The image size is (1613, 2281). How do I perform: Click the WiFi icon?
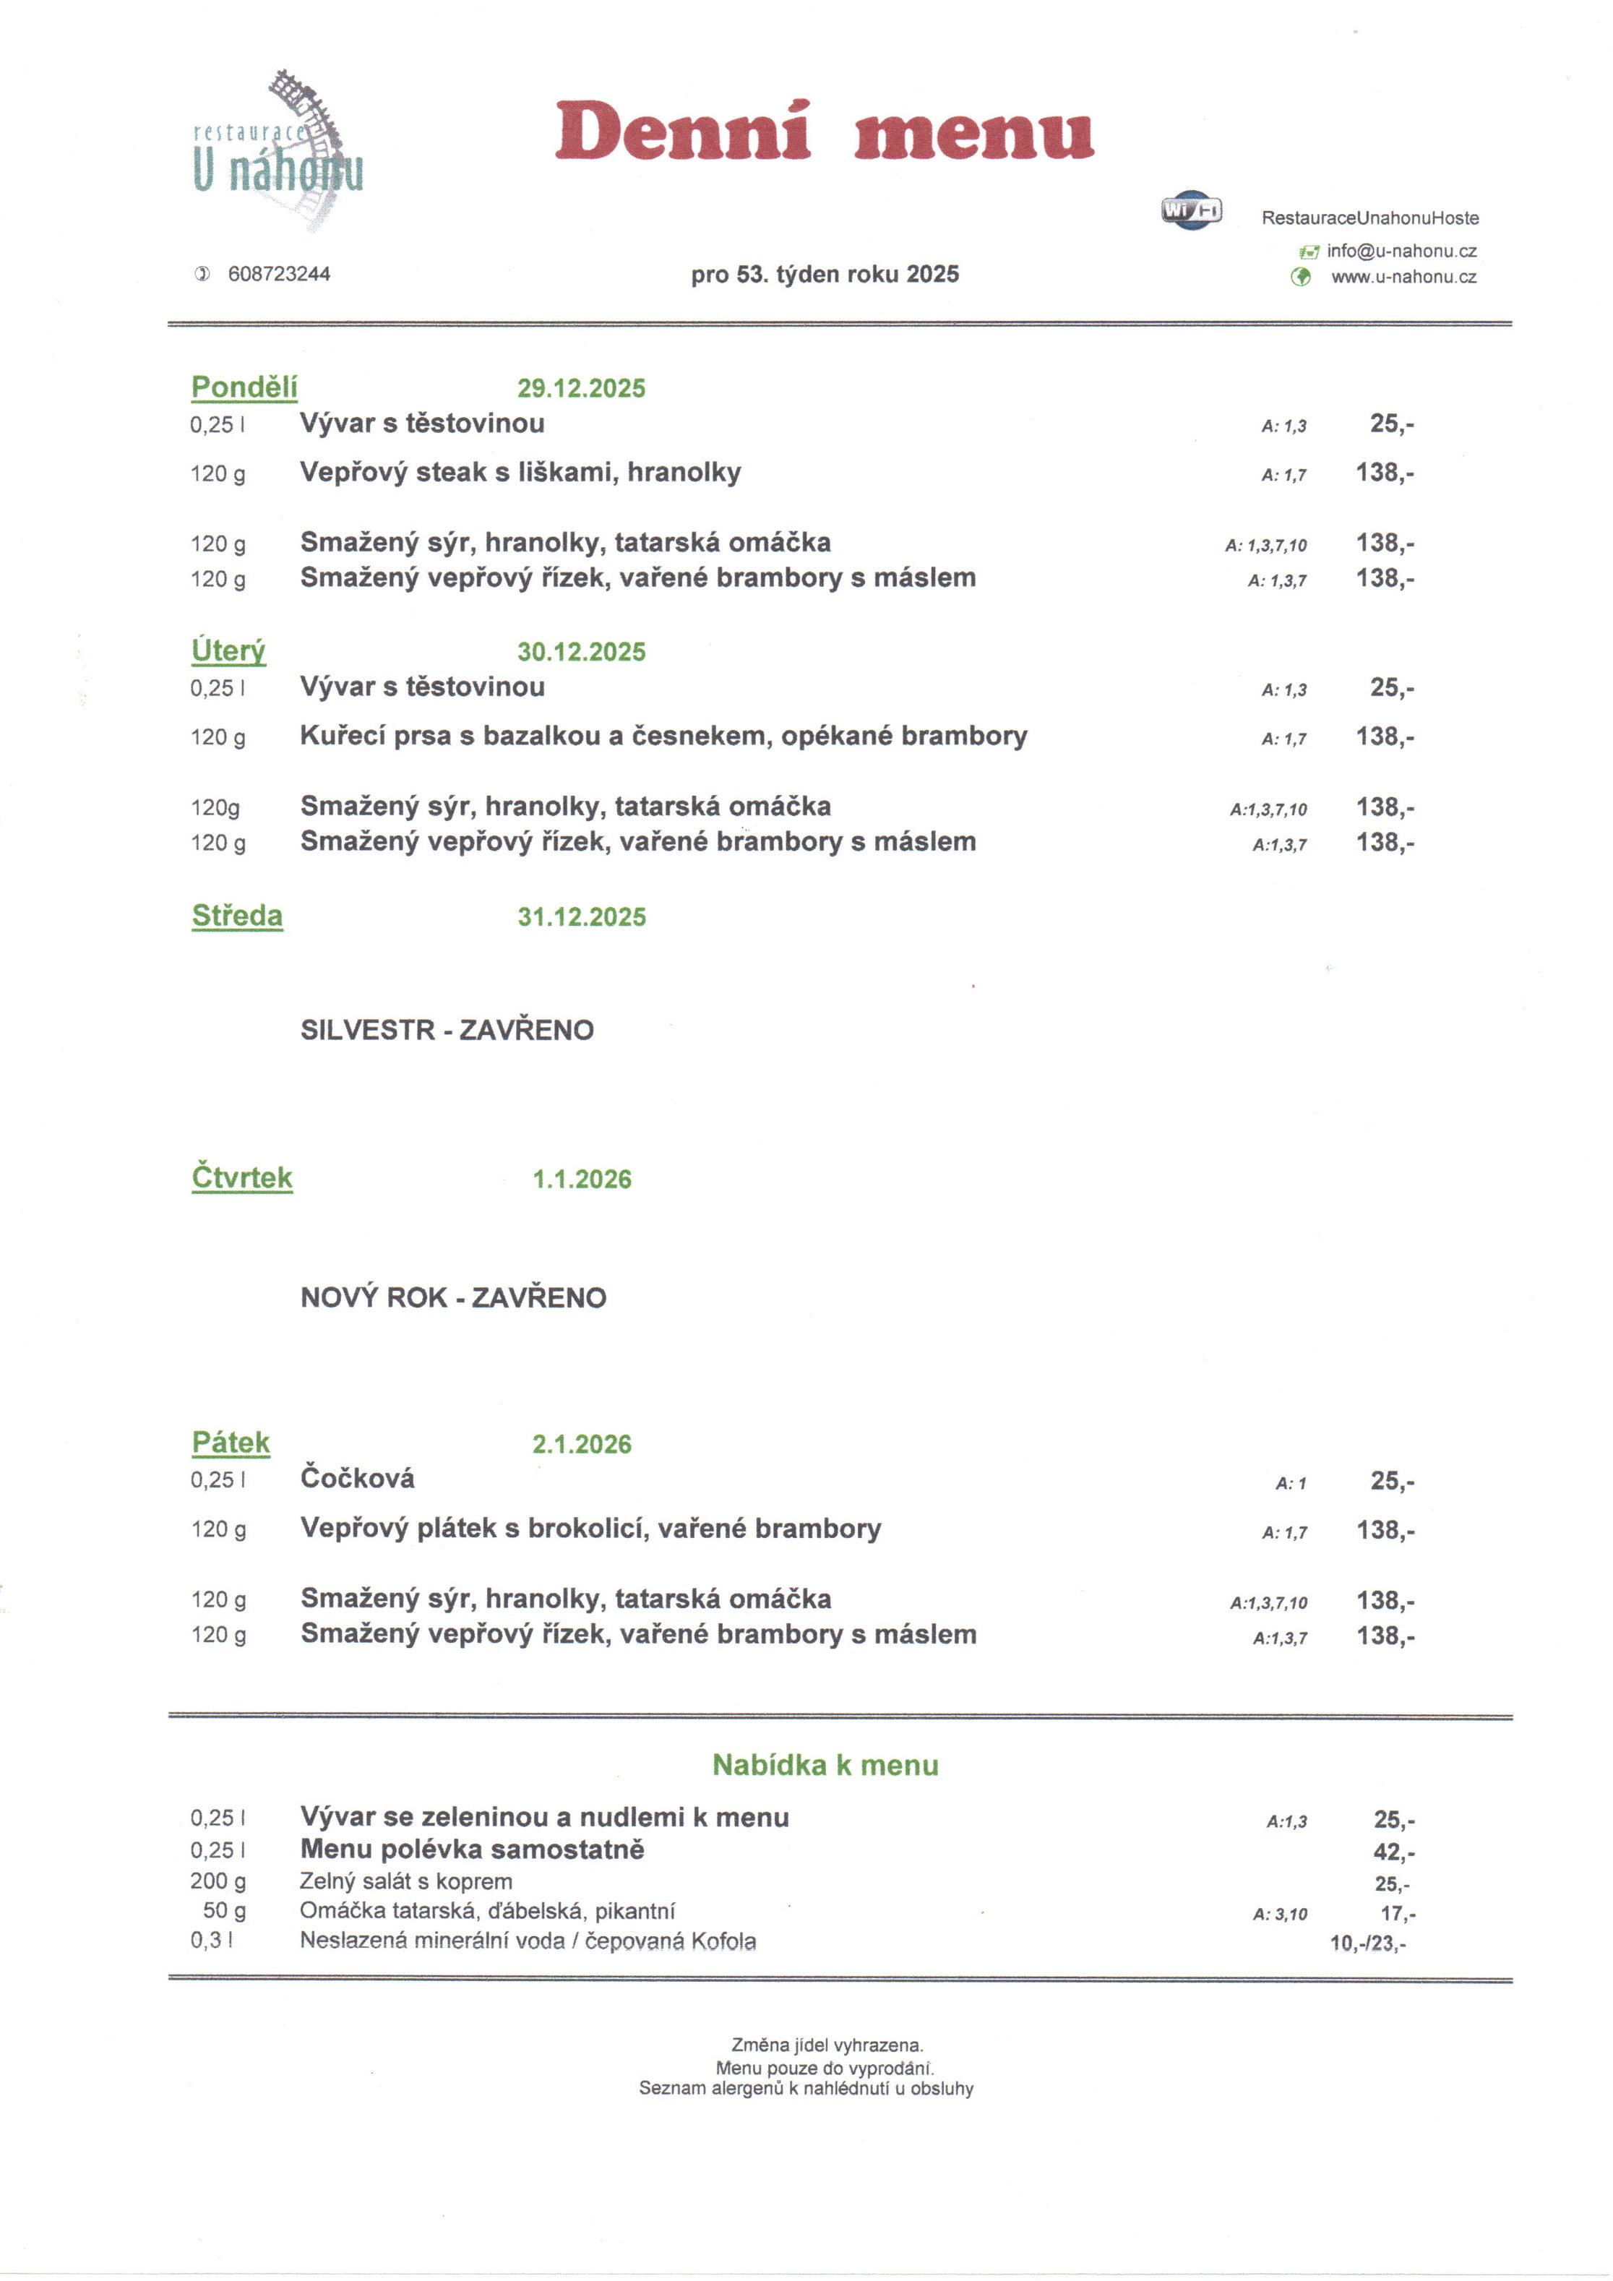[1191, 210]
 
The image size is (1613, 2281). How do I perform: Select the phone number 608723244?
[279, 274]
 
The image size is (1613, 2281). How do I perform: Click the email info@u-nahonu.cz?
[1401, 252]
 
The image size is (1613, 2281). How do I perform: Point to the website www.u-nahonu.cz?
[1403, 278]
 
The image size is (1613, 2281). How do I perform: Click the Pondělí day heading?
[244, 387]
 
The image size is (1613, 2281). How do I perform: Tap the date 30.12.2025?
[581, 652]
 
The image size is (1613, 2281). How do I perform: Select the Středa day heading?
[237, 916]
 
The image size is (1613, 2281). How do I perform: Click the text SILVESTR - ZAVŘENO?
[447, 1029]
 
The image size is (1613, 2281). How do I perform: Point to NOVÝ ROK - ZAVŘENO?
[453, 1297]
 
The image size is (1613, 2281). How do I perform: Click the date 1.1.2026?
[581, 1180]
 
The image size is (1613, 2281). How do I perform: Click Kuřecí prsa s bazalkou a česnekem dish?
[663, 736]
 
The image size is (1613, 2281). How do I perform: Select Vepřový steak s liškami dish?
[520, 472]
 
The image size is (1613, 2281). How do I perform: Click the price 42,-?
[1393, 1852]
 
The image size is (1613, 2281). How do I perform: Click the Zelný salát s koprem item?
[406, 1881]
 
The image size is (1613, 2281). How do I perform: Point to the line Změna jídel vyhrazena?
[826, 2045]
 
